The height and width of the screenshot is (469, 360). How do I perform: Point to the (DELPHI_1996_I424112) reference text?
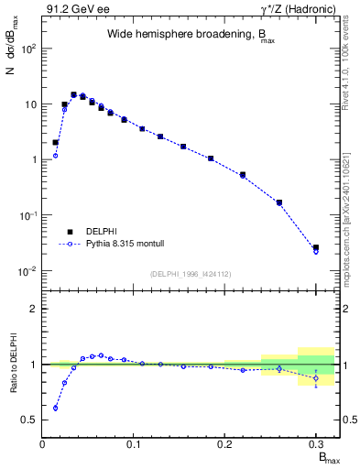point(191,273)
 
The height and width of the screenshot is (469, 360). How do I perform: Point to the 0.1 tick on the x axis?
point(134,444)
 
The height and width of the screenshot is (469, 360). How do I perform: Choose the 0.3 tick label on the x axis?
point(316,444)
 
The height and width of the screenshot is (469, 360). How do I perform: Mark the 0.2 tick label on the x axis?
point(225,444)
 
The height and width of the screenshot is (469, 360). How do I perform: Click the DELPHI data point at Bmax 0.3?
point(316,247)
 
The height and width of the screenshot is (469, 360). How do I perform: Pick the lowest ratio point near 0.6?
point(55,408)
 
